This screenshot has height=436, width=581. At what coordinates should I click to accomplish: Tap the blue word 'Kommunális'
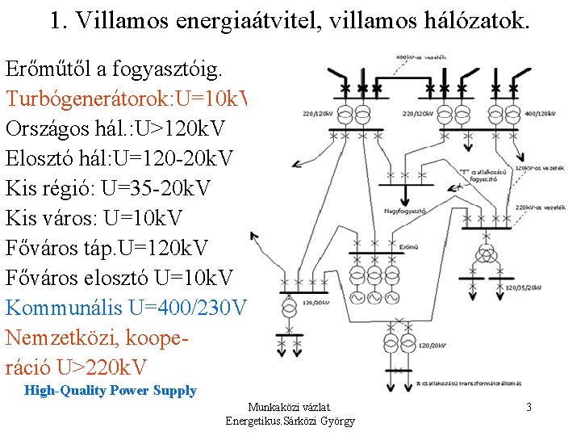[x=76, y=308]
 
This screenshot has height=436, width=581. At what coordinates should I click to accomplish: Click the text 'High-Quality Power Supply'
[x=111, y=391]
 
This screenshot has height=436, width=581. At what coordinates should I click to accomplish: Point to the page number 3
[x=529, y=407]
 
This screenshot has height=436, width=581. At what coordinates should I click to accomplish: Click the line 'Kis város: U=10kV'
[x=94, y=218]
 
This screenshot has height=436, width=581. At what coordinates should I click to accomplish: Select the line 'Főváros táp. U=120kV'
[x=107, y=248]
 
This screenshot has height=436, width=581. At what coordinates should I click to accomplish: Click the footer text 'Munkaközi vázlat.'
[x=290, y=408]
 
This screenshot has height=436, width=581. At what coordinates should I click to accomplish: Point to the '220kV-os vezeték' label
[x=535, y=208]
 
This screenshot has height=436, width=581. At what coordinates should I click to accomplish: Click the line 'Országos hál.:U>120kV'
[x=115, y=128]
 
